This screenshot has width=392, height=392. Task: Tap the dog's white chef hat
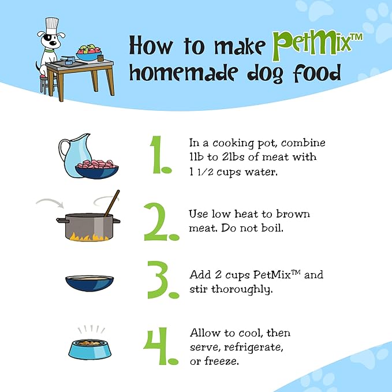coord(52,25)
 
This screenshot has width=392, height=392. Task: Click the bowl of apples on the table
coord(89,53)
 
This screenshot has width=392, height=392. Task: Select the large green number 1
coord(160,155)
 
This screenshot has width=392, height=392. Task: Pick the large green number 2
coord(162,222)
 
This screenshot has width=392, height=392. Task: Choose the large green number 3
coord(163,280)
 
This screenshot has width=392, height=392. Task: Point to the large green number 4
coord(160,346)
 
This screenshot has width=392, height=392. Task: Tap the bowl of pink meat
coord(97,169)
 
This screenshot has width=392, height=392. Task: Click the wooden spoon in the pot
coord(112,203)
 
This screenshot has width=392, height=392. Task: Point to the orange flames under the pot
coord(89,237)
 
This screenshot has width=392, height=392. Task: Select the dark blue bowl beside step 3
coord(89,283)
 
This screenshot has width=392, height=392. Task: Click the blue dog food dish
coord(90,349)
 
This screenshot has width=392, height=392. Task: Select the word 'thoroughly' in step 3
coord(241,289)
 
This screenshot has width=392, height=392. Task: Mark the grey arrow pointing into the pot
coord(50,203)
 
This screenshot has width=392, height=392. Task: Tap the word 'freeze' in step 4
coord(222,361)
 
